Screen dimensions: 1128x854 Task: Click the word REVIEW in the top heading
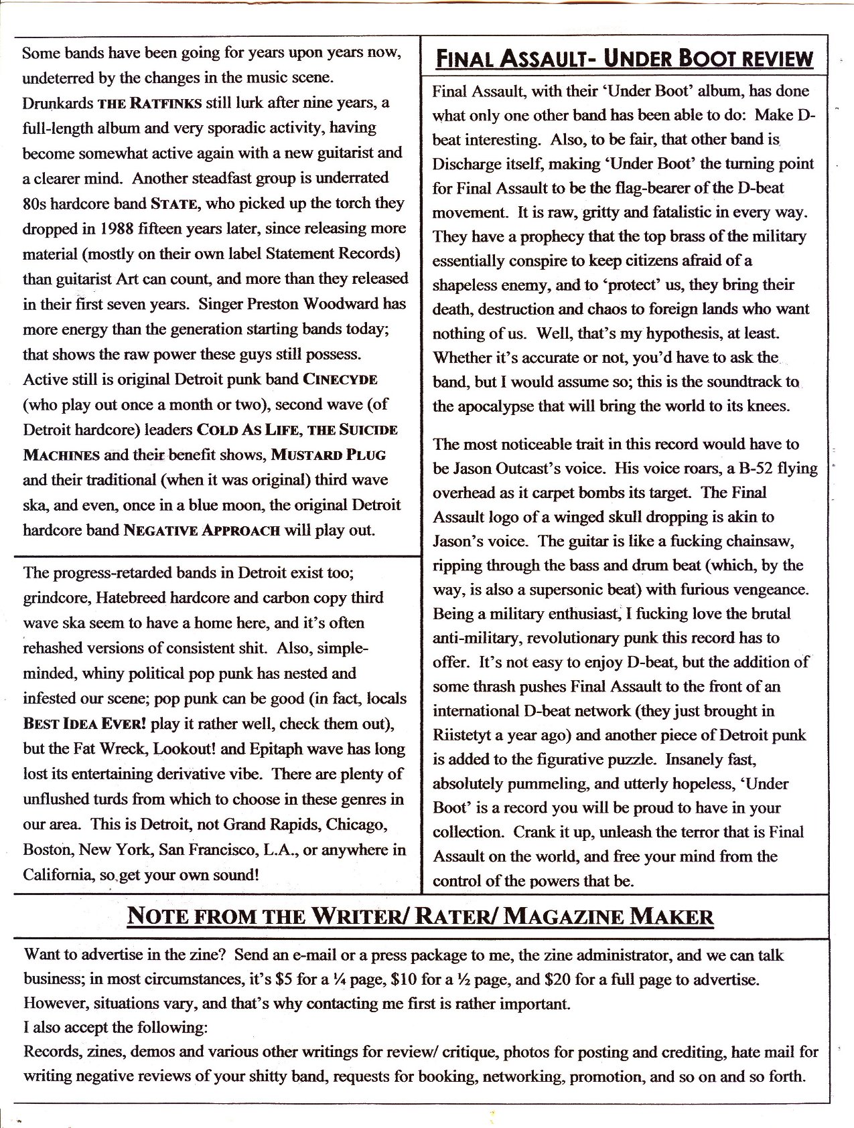(x=770, y=59)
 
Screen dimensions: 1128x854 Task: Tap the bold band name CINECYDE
(x=341, y=379)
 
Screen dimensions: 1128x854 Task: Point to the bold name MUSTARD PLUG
(x=328, y=455)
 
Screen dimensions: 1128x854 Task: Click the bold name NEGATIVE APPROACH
(x=202, y=531)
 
